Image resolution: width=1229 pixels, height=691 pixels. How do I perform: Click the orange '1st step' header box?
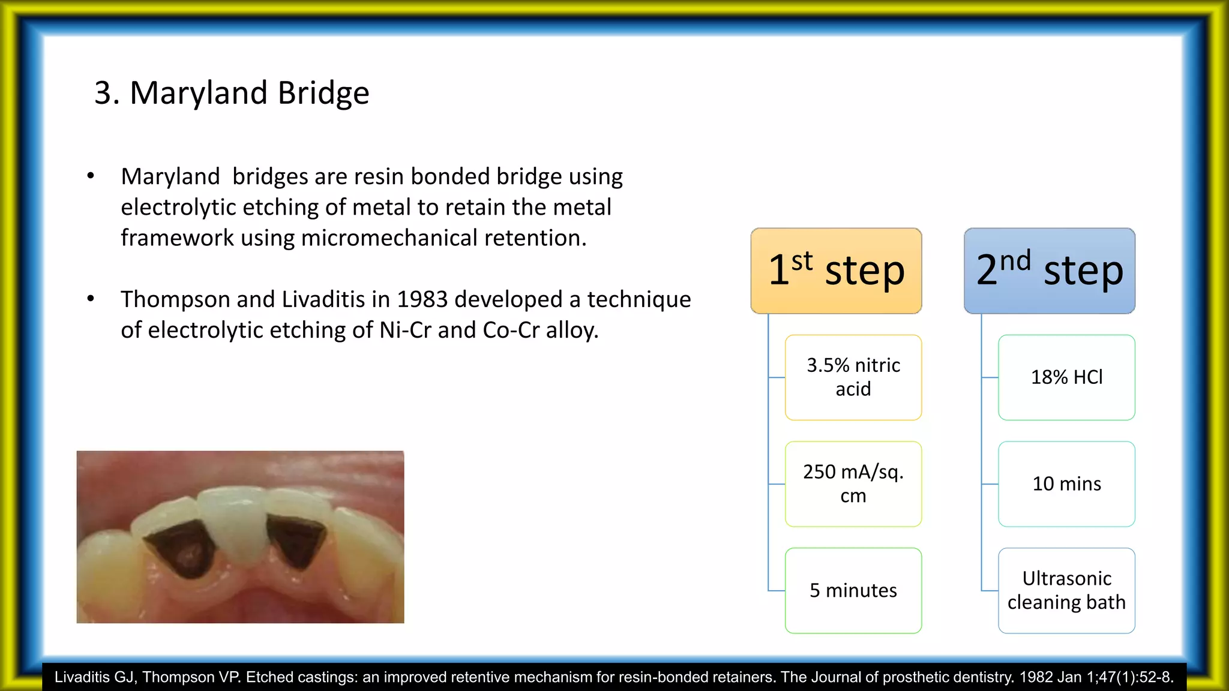[836, 271]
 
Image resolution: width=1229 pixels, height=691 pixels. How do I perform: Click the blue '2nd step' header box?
[1050, 271]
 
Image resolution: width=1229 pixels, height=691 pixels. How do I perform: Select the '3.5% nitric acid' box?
[853, 377]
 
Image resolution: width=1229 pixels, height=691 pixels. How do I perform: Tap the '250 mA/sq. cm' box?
[853, 484]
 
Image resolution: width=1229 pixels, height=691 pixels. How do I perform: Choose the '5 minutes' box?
[853, 591]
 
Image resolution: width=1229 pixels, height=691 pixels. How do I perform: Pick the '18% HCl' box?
[1066, 377]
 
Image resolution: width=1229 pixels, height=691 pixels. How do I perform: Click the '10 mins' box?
[1066, 484]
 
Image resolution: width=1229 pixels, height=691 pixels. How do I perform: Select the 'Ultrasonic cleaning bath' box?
[1066, 591]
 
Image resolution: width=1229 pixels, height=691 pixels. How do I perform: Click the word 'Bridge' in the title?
[323, 94]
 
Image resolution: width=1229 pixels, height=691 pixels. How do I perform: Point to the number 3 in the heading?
[103, 94]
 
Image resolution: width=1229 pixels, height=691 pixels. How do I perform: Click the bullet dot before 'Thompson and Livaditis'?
[91, 298]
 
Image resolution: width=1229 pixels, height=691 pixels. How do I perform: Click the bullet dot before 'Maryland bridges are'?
[91, 176]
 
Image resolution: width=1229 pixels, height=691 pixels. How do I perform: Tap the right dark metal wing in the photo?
[295, 540]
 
